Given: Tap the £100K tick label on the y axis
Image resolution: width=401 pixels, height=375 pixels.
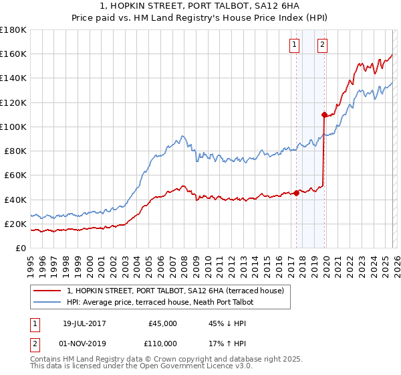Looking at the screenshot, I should (x=13, y=127).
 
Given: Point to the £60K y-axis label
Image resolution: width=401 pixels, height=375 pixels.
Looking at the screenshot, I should (x=15, y=175).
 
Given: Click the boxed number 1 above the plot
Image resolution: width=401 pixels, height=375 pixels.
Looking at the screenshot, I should (x=295, y=45).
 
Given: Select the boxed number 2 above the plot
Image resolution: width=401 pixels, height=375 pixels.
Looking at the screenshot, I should (x=322, y=45).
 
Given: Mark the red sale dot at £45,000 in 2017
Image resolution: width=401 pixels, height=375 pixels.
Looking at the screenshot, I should (x=296, y=194).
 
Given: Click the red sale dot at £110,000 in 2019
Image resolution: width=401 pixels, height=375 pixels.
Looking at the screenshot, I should (x=323, y=115).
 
